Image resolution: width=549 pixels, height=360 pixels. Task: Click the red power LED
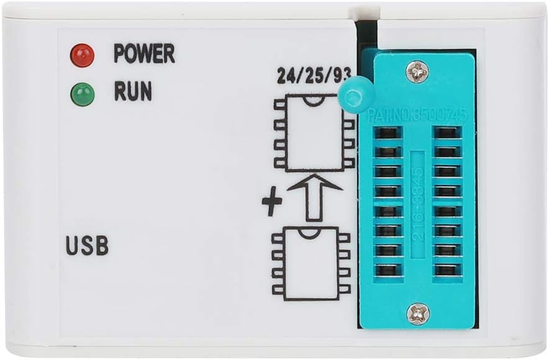coord(82,55)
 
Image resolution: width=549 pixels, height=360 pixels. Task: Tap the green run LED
coord(82,94)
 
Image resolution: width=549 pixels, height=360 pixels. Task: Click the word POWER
coord(144,54)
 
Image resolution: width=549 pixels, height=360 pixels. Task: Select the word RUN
coord(133,92)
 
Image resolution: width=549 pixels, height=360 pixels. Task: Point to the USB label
coord(87,246)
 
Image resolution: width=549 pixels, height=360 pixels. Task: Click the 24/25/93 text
coord(314,77)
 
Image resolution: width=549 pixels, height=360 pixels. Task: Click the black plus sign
coord(271,204)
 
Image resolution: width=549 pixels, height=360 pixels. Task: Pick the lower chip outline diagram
coord(311,264)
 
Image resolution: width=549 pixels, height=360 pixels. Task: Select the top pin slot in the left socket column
coord(388,133)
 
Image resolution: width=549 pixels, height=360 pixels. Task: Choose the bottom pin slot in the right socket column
coord(447,271)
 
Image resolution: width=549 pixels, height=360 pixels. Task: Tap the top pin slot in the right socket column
coord(447,133)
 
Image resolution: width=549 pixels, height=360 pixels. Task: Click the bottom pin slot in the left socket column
coord(388,271)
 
